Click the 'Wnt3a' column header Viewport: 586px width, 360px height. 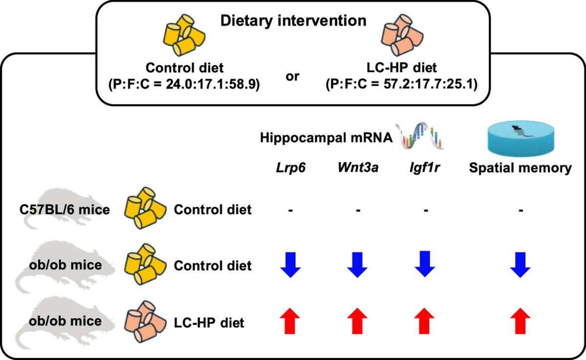pos(358,169)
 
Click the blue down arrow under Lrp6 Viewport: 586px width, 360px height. pos(290,266)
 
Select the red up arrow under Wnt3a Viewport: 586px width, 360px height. pos(358,321)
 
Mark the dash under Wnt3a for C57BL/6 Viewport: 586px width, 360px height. pos(358,211)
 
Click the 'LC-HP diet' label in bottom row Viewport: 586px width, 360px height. pos(209,322)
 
